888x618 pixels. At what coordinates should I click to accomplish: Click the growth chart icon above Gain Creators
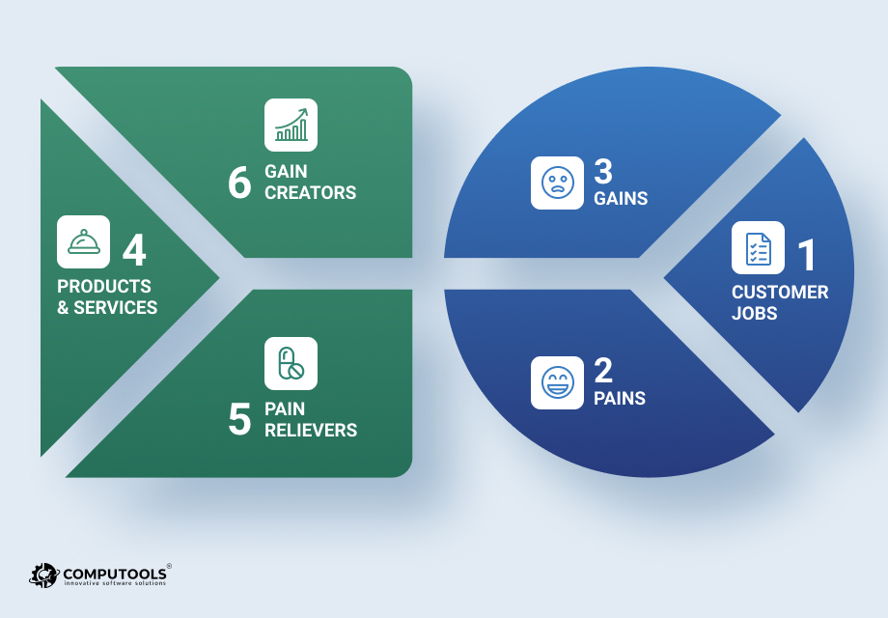click(x=291, y=126)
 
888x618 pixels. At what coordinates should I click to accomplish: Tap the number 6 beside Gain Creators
click(x=239, y=183)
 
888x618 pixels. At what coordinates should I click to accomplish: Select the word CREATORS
click(x=311, y=192)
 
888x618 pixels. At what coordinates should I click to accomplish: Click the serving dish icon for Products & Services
click(x=83, y=241)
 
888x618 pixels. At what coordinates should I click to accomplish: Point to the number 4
click(x=134, y=250)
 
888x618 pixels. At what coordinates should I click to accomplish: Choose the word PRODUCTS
click(x=104, y=286)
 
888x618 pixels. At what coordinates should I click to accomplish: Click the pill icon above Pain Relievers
click(x=291, y=364)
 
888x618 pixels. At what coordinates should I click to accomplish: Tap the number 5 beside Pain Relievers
click(x=239, y=419)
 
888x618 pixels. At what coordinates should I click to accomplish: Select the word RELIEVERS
click(x=311, y=430)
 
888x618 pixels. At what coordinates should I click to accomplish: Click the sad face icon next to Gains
click(x=557, y=183)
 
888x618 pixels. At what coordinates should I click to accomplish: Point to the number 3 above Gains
click(x=603, y=171)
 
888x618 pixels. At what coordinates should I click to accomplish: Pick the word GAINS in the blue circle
click(x=621, y=198)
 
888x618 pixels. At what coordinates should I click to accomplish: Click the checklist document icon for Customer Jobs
click(x=758, y=247)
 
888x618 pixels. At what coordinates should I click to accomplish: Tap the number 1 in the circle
click(x=808, y=255)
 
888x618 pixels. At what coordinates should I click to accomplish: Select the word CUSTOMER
click(x=780, y=293)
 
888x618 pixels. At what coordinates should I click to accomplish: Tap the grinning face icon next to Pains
click(x=557, y=382)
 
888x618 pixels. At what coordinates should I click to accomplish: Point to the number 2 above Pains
click(x=603, y=371)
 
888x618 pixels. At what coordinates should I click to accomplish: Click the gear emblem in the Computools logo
click(x=43, y=576)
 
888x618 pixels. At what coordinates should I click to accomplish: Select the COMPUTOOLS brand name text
click(x=115, y=574)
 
